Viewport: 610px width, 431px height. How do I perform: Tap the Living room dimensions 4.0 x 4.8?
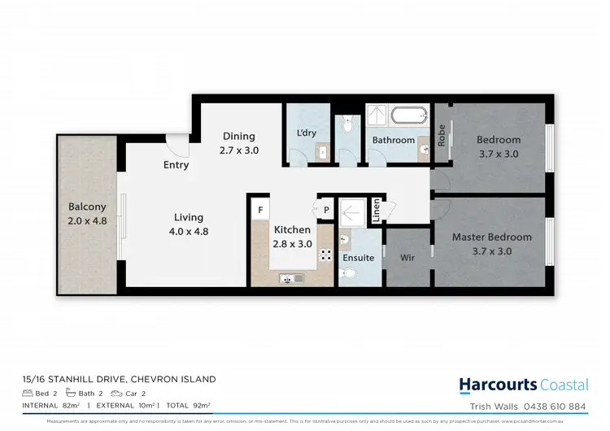(x=188, y=231)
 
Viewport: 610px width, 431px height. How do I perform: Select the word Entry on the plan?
(x=176, y=165)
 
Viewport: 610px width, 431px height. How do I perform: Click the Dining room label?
(x=239, y=136)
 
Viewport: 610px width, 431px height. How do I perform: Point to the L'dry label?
(x=306, y=133)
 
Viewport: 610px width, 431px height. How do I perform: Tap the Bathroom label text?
(x=394, y=140)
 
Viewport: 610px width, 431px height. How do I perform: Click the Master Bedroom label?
(x=492, y=237)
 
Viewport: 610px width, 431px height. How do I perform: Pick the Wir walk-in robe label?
(x=407, y=258)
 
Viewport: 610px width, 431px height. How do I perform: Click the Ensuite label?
(x=358, y=258)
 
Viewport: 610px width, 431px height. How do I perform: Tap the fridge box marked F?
(x=260, y=210)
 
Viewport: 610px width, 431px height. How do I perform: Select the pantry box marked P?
(x=325, y=210)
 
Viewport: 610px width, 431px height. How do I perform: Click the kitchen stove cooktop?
(x=325, y=255)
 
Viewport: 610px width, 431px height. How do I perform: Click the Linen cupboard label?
(x=377, y=209)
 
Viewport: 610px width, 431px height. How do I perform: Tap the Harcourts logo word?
(x=497, y=385)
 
